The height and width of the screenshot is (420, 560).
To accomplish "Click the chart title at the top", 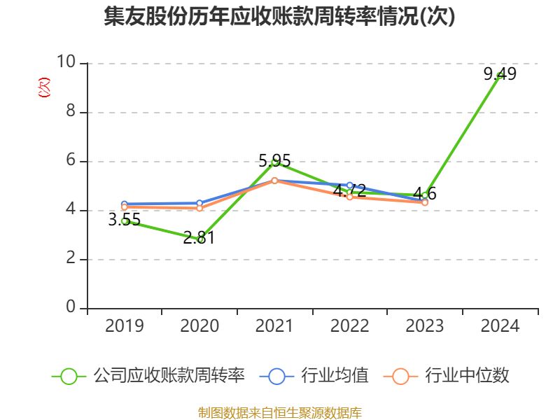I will (279, 17).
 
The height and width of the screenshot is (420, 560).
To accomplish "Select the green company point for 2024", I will (500, 75).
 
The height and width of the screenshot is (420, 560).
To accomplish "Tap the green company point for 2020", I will (200, 239).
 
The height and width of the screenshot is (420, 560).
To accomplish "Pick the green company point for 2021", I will (275, 162).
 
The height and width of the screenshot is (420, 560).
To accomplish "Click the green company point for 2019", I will (125, 220).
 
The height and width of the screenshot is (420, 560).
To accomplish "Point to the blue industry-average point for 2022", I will (350, 185).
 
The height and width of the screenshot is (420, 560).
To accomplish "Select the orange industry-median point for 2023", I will (425, 202).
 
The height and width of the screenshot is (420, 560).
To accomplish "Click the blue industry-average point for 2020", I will (200, 204).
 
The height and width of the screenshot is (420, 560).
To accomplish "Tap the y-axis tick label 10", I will (66, 62).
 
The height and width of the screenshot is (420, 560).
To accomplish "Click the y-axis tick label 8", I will (70, 111).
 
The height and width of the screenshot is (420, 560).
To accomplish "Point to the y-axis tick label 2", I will (70, 258).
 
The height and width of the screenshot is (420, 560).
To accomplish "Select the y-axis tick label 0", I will (70, 307).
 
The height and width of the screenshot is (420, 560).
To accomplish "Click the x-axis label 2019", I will (125, 326).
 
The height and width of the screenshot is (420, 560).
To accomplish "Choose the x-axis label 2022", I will (350, 326).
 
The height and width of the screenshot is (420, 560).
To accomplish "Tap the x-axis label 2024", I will (500, 326).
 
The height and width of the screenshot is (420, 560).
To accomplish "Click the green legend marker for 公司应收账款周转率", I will (69, 376).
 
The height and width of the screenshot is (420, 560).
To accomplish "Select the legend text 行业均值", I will (335, 376).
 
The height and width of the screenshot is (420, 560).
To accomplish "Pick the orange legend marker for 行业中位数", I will (400, 376).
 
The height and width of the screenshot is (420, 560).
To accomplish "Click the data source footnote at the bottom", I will (279, 412).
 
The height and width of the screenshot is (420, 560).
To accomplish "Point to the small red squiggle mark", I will (44, 87).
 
